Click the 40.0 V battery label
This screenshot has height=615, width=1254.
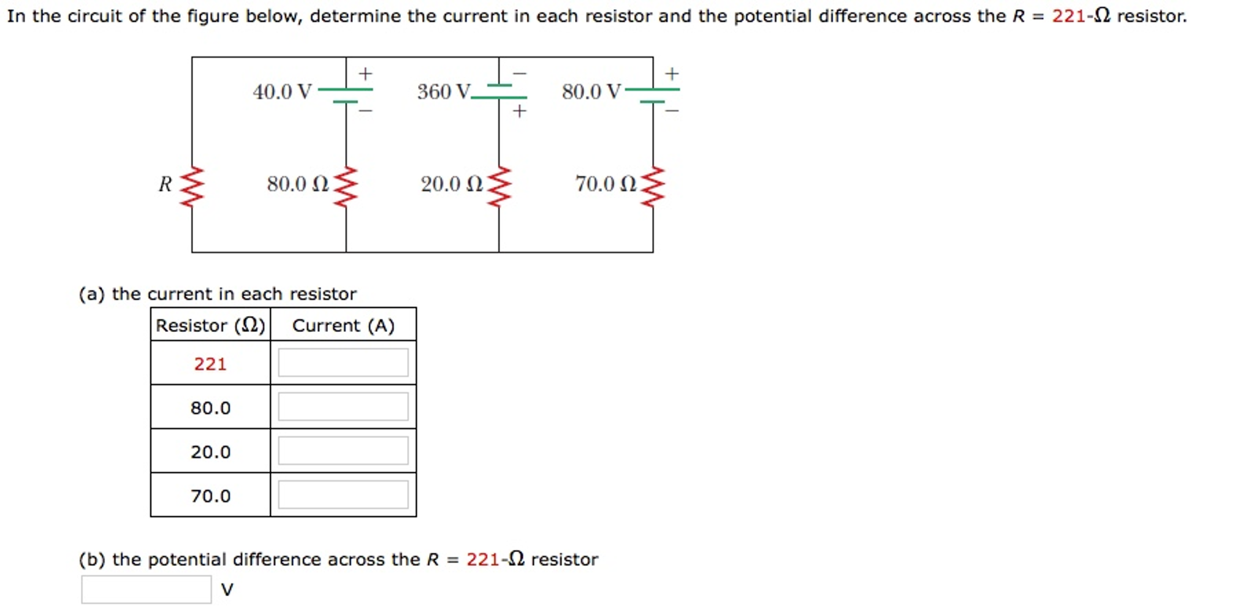(282, 92)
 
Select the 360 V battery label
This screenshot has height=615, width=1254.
(444, 92)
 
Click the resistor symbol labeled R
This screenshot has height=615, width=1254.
(192, 186)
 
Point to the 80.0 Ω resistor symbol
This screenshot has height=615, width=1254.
(346, 186)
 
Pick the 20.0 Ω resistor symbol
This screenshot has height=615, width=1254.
(500, 186)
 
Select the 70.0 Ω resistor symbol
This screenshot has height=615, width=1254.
(653, 186)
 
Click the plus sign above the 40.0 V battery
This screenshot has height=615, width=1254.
(365, 74)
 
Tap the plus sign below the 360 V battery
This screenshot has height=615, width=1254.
(519, 111)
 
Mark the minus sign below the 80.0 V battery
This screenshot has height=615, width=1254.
(672, 111)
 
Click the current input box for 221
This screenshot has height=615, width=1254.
(343, 363)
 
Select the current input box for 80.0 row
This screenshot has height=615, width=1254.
(343, 407)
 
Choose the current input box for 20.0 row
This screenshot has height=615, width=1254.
(343, 451)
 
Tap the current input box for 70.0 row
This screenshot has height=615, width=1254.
(343, 494)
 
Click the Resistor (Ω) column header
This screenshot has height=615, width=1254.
(210, 325)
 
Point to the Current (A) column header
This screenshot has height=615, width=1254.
(343, 325)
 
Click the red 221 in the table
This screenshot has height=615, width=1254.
(210, 364)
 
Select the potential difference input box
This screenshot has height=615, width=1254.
(146, 589)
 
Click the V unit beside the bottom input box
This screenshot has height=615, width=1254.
(227, 590)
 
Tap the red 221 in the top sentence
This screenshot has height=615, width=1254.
(1068, 16)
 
